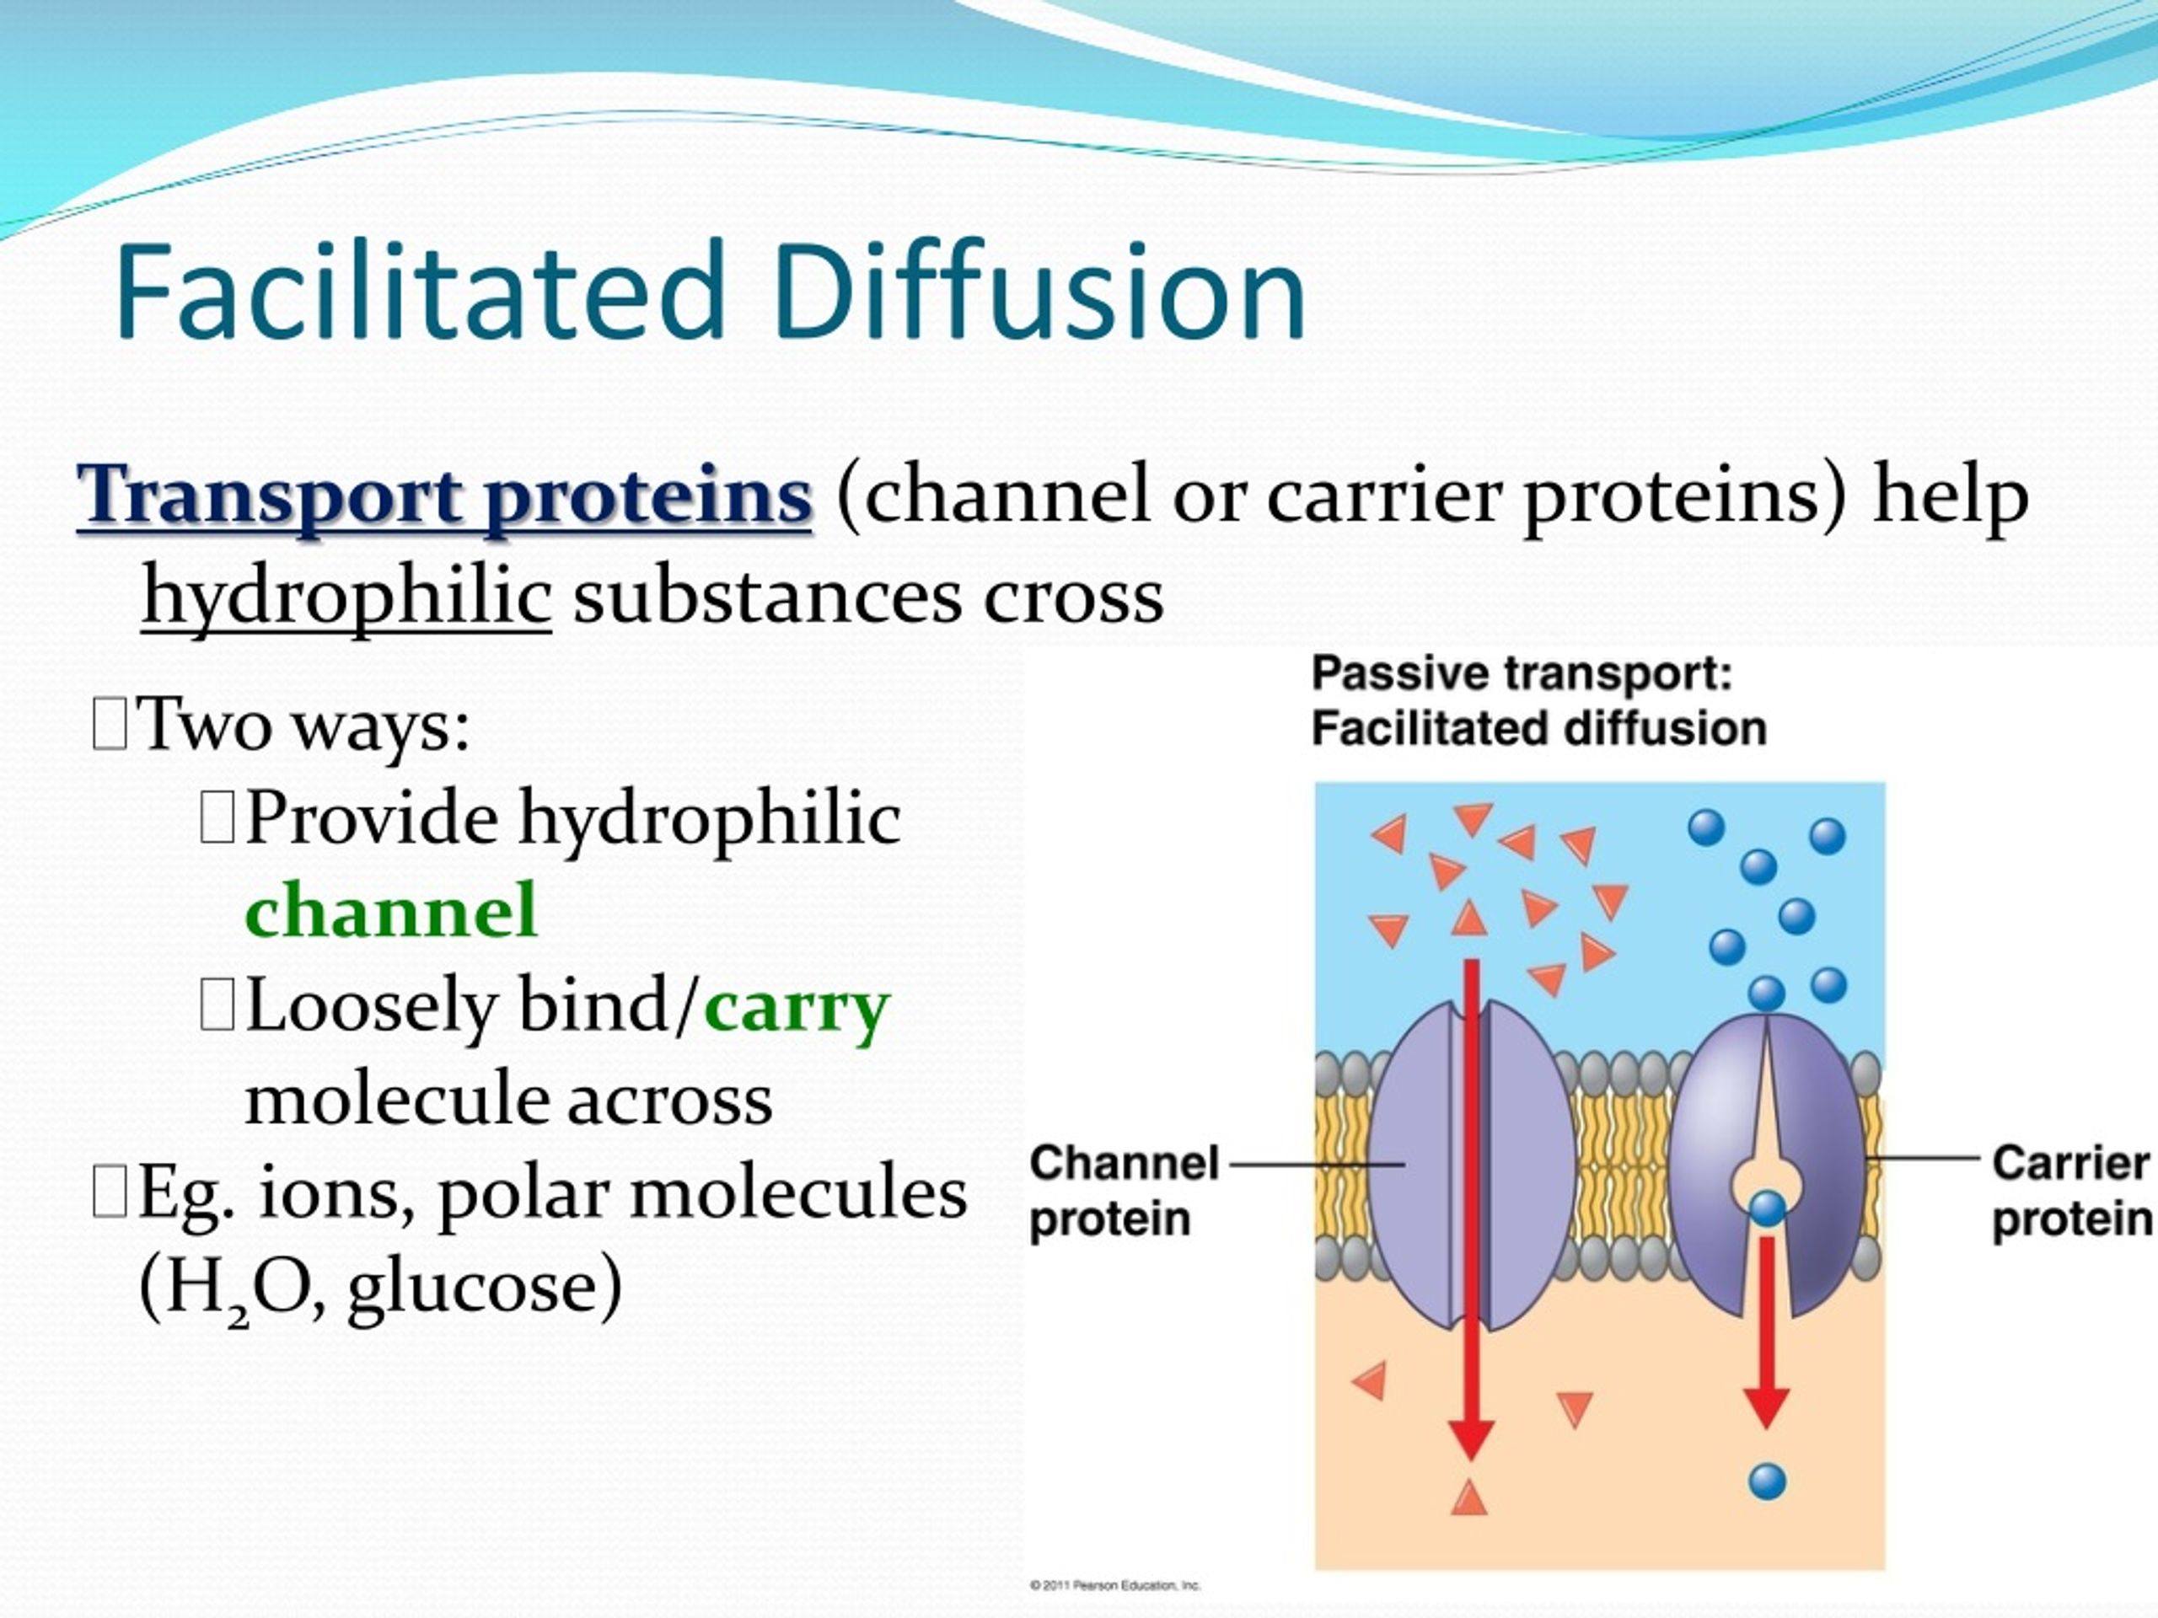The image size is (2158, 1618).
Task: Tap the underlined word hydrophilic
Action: tap(346, 597)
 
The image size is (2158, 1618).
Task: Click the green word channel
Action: tap(391, 909)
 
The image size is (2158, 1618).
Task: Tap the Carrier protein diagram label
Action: tap(2071, 1191)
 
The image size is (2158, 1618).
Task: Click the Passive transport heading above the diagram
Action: tap(1521, 674)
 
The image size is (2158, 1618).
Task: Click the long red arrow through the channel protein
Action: tap(1471, 1209)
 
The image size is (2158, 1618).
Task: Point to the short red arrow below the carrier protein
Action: tap(1766, 1332)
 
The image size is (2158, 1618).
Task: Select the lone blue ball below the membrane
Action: tap(1767, 1481)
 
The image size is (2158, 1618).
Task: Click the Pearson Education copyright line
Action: tap(1115, 1586)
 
